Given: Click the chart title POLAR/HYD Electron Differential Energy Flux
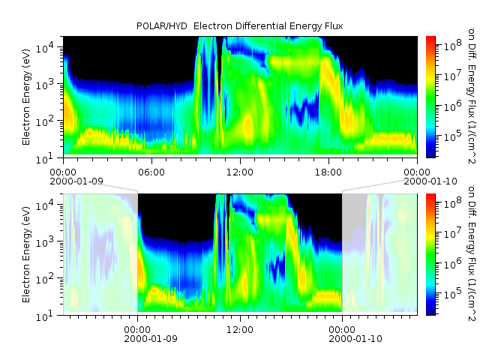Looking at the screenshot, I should (240, 26).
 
